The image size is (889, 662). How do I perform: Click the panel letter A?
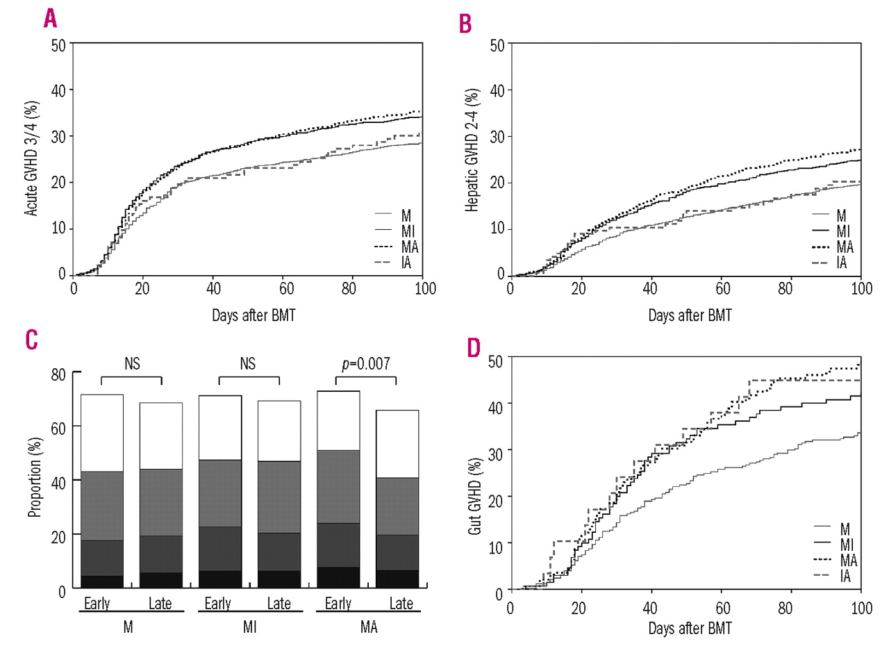click(50, 18)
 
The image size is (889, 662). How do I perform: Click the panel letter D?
click(474, 347)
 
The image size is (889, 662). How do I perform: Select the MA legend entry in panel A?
click(409, 247)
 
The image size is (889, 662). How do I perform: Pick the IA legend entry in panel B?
click(842, 263)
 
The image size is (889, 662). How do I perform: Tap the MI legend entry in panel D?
click(846, 544)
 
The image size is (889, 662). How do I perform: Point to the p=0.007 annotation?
click(366, 363)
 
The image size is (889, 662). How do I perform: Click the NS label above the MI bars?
click(248, 363)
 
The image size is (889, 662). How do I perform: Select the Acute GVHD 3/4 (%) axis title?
click(31, 158)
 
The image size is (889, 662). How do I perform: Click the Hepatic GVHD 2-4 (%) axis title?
click(472, 150)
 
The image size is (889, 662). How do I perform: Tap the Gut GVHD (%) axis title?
click(475, 496)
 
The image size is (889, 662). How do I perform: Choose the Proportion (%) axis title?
click(35, 477)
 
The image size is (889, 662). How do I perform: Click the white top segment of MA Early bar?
click(338, 420)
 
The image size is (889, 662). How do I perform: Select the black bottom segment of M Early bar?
click(102, 581)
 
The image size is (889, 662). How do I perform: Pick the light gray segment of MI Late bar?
click(279, 497)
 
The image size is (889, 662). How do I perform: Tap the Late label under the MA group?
click(401, 604)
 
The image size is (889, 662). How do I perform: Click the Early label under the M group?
click(97, 604)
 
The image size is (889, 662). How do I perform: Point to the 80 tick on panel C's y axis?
click(58, 374)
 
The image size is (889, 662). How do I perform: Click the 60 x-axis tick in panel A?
click(286, 288)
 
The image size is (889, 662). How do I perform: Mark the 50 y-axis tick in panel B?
click(497, 45)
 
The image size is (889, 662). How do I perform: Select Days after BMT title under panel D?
click(690, 628)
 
